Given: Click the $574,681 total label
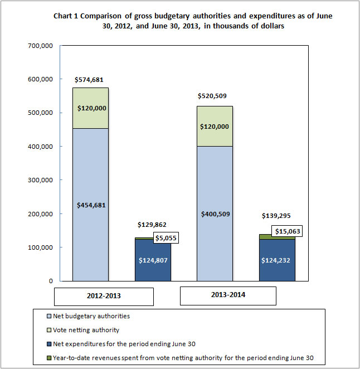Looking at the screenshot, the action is pos(89,80).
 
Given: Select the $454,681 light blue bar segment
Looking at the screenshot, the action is pos(91,205).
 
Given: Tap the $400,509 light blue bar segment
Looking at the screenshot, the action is pos(215,213).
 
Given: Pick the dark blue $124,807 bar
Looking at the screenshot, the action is pos(153,260).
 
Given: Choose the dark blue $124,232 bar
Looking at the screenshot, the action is pos(277,260).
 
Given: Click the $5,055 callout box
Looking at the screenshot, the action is pos(166,238).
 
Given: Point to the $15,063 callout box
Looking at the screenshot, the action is pos(288,231).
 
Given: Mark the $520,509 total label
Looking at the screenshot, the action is pos(212,96).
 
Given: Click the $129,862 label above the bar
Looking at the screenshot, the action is pos(152,225).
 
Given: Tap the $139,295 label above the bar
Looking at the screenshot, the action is pos(276,216).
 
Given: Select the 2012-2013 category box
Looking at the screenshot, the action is pos(104,297).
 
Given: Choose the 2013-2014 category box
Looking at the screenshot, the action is pos(228,296).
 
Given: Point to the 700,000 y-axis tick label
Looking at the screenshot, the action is pos(40,46).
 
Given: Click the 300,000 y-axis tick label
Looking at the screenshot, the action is pos(40,180).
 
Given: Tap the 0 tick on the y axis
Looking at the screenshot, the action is pos(51,281).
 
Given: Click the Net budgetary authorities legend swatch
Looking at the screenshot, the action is pos(49,316).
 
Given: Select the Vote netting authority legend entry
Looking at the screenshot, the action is pos(83,330).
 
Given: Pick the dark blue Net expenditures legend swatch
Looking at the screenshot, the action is pos(49,344).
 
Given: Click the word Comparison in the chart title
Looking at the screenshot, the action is pos(101,16).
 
